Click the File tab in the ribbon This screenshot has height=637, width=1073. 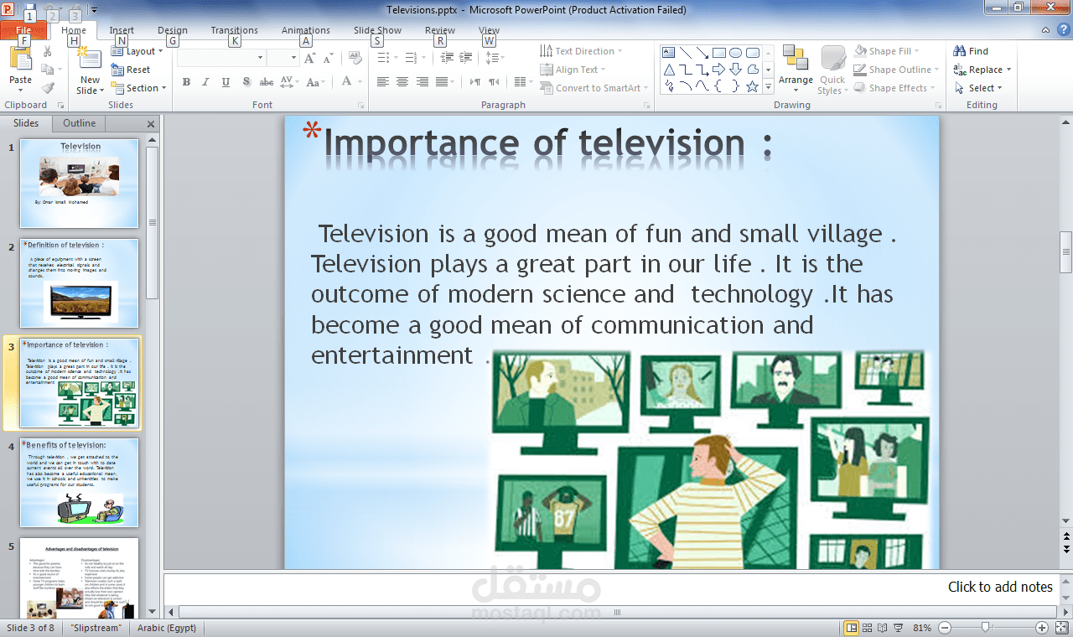pyautogui.click(x=23, y=31)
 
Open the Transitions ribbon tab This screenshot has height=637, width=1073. pyautogui.click(x=234, y=30)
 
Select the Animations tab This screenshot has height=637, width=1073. pyautogui.click(x=306, y=30)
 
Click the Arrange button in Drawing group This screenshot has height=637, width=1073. pyautogui.click(x=796, y=67)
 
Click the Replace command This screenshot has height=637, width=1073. pyautogui.click(x=982, y=70)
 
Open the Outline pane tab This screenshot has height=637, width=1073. pyautogui.click(x=80, y=123)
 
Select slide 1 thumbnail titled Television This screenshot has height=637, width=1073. pyautogui.click(x=80, y=183)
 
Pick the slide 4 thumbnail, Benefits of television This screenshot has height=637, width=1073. pyautogui.click(x=80, y=483)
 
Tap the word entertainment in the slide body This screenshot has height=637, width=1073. pyautogui.click(x=391, y=355)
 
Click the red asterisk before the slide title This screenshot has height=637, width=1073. pyautogui.click(x=312, y=132)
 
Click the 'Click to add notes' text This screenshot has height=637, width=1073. pyautogui.click(x=999, y=587)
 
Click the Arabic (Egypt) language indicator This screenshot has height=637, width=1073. pyautogui.click(x=166, y=628)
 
